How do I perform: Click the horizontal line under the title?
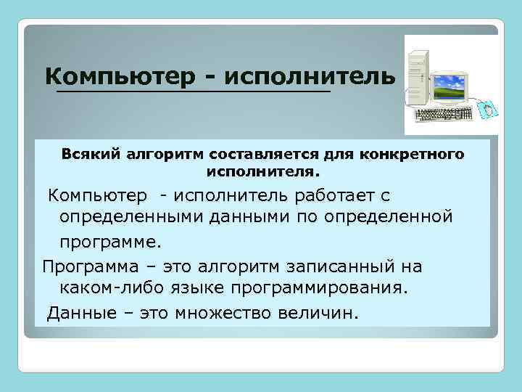193,92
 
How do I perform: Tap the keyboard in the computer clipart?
442,115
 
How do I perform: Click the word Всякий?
91,155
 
